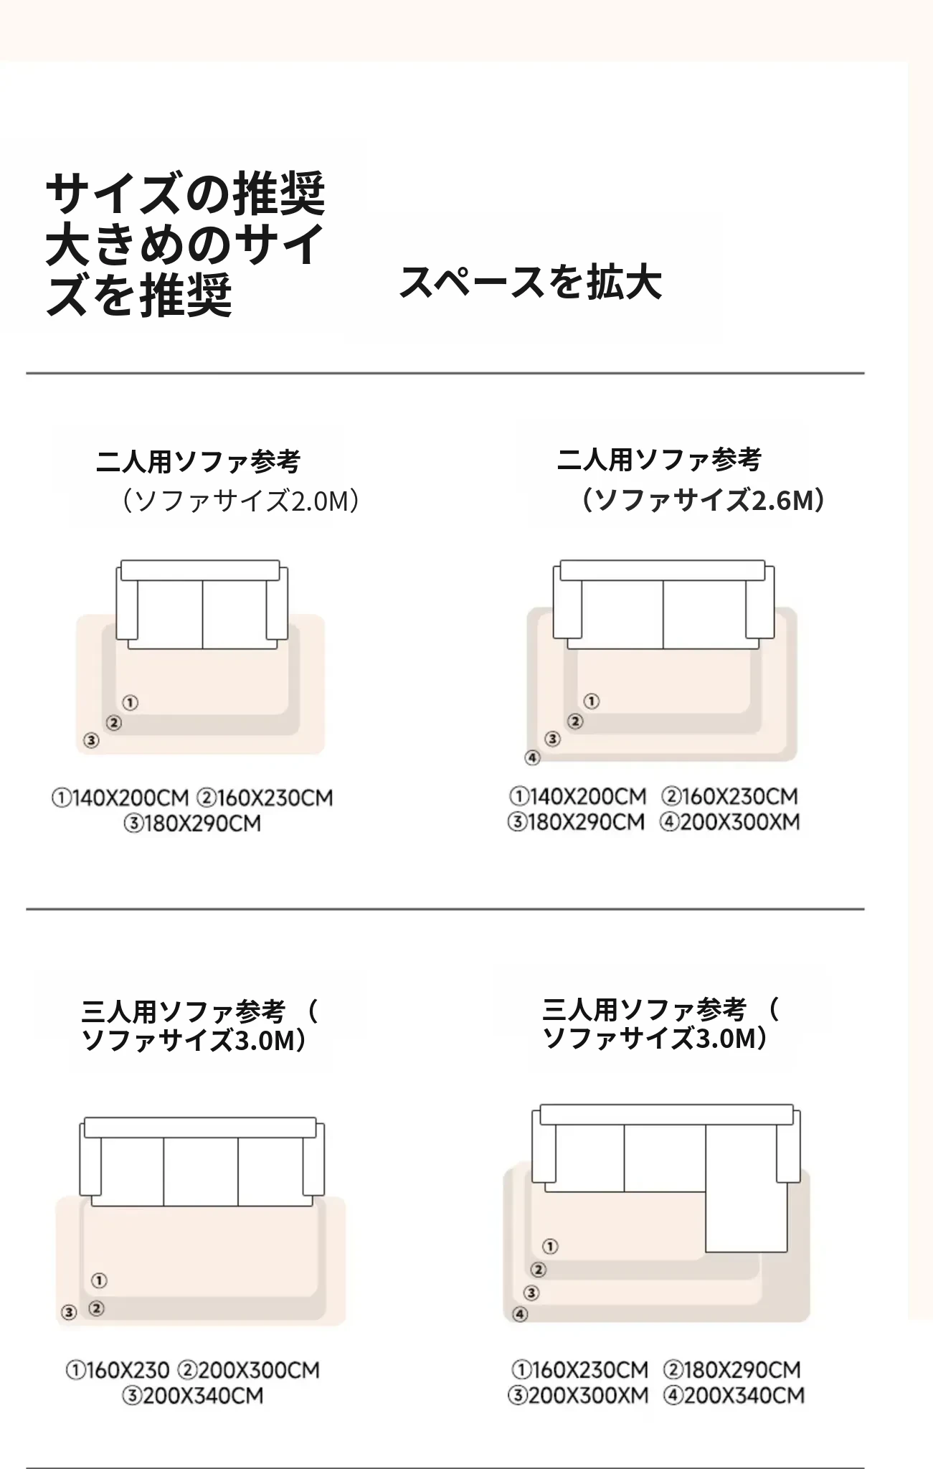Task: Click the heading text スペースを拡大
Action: [530, 281]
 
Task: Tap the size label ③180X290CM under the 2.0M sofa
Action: [192, 823]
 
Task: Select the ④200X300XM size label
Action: [729, 822]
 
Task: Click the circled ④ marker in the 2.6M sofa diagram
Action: [532, 757]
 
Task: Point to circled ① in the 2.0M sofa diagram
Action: [130, 702]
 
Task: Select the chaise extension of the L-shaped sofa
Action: [746, 1188]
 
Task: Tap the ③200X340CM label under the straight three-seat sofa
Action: [192, 1396]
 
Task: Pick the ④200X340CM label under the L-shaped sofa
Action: [734, 1395]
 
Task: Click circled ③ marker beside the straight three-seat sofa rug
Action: [69, 1313]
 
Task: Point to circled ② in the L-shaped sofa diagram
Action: [539, 1270]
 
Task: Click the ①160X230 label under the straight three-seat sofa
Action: [118, 1371]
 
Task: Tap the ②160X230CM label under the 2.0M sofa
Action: [265, 798]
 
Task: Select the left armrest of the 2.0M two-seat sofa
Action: [127, 603]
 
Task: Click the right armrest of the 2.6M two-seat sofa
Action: [760, 602]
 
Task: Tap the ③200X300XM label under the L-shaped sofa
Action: [578, 1395]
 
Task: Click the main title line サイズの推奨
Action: [186, 194]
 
